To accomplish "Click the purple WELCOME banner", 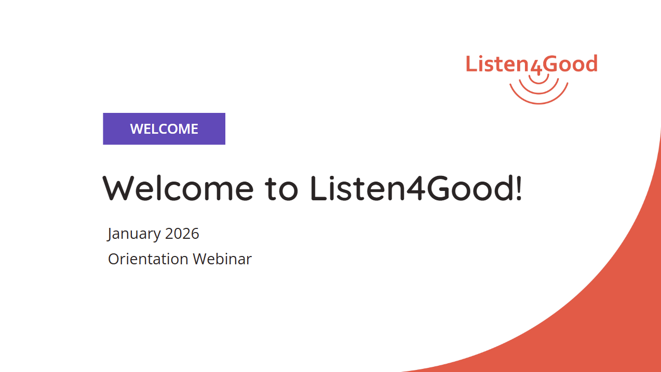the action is coord(164,129).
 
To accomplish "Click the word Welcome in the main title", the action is coord(178,188).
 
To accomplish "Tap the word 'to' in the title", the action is coord(281,189).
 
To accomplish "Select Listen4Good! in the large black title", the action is coord(416,188).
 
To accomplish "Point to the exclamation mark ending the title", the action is coord(519,188).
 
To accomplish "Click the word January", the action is coord(133,234).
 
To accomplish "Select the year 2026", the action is coord(182,234).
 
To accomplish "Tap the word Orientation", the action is coord(148,259).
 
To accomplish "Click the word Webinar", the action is coord(222,259).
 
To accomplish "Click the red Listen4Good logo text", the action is coord(532,64).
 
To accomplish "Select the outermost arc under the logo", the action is coord(539,103).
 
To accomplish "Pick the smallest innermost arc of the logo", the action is coord(538,83).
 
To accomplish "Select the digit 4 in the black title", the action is coord(416,188).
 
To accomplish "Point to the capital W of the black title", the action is coord(116,188).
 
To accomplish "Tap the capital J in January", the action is coord(110,234).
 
